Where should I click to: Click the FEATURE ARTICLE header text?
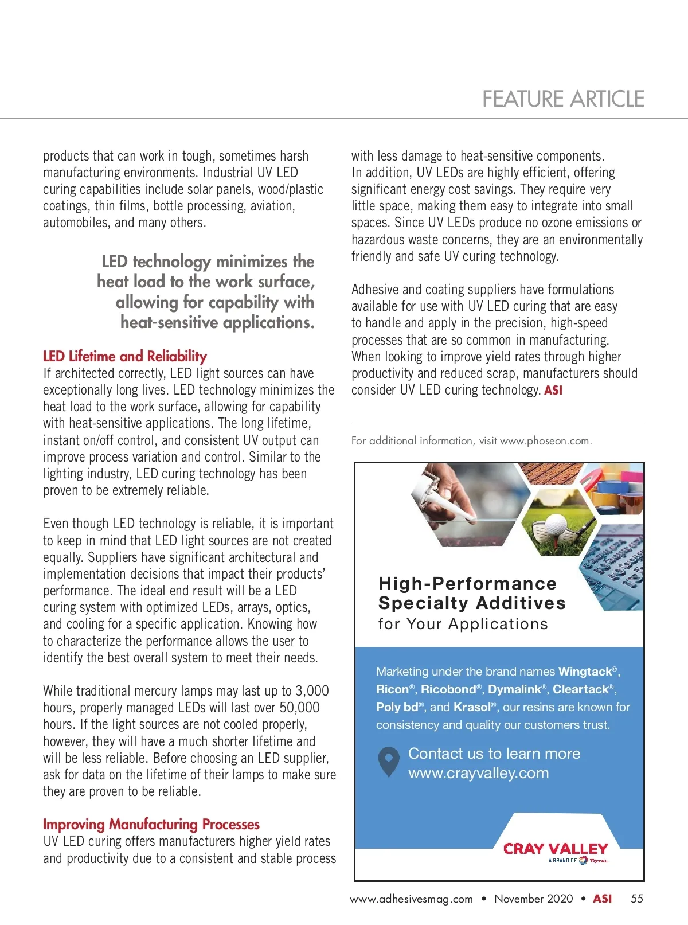563,99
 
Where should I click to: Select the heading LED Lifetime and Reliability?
125,356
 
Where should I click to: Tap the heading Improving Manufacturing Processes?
151,824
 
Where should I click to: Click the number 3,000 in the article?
312,691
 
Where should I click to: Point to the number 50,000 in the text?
299,708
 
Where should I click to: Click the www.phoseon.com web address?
545,441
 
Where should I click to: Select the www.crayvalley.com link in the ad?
478,773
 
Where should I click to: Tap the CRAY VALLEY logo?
555,849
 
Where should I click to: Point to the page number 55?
636,899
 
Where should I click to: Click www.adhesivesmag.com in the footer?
411,899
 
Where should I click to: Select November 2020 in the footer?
533,899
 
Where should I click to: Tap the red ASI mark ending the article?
553,391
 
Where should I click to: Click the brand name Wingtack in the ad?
585,672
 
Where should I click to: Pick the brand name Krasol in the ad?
472,707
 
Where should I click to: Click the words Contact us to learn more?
494,754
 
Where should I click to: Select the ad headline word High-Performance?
467,583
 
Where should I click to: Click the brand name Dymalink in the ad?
514,689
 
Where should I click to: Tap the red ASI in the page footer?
602,899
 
